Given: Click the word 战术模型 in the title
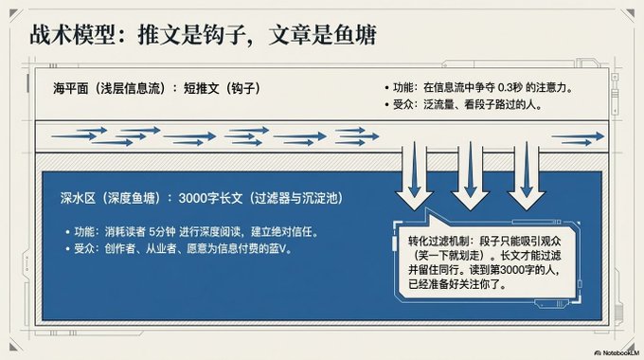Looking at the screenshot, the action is [72, 34].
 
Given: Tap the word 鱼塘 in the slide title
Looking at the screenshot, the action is [355, 34].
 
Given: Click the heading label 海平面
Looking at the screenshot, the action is [71, 88].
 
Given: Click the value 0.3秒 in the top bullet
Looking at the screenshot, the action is [510, 87].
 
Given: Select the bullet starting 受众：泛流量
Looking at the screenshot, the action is [464, 105].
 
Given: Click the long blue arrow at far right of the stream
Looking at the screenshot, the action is [578, 136].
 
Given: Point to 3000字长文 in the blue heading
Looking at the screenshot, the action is [210, 199].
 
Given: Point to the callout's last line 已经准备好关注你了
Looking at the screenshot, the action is [457, 284].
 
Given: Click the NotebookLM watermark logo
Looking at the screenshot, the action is [598, 353].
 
